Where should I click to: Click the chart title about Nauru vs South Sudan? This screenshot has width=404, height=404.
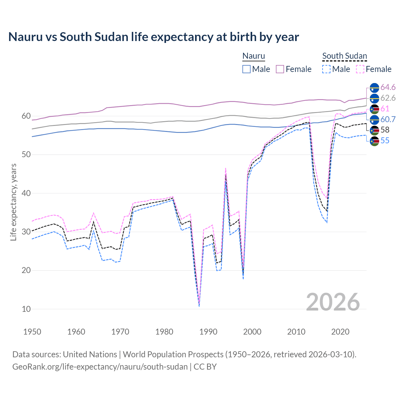pos(153,37)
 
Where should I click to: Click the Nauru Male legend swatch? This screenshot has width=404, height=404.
pos(247,69)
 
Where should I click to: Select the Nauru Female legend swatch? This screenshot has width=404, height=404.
pos(280,69)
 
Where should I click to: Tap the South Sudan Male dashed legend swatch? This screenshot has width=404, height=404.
pos(326,69)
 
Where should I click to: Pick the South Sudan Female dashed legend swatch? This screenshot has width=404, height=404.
pos(360,69)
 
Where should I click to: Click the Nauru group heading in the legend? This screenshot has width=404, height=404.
pos(253,56)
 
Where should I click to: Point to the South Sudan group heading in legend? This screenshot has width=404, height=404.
pos(344,56)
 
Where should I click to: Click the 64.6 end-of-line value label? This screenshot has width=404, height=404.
pos(388,87)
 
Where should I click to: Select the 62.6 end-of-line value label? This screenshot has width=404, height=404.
pos(388,98)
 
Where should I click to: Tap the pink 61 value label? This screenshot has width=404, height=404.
pos(385,109)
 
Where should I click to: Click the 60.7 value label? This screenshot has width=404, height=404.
pos(388,119)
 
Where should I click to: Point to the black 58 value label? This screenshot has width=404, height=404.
pos(385,130)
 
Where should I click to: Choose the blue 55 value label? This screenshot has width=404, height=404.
pos(385,141)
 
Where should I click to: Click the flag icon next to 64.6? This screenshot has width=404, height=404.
pos(374,88)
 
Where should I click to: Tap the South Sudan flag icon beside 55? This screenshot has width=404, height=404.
pos(374,141)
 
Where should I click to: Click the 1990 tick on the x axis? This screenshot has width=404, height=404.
pos(208,332)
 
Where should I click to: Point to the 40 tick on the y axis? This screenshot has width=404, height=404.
pos(26,193)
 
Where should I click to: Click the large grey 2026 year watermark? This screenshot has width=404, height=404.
pos(333,302)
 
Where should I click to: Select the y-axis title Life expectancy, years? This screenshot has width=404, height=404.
pos(14,202)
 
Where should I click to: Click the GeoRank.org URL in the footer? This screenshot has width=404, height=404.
pos(100,367)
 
